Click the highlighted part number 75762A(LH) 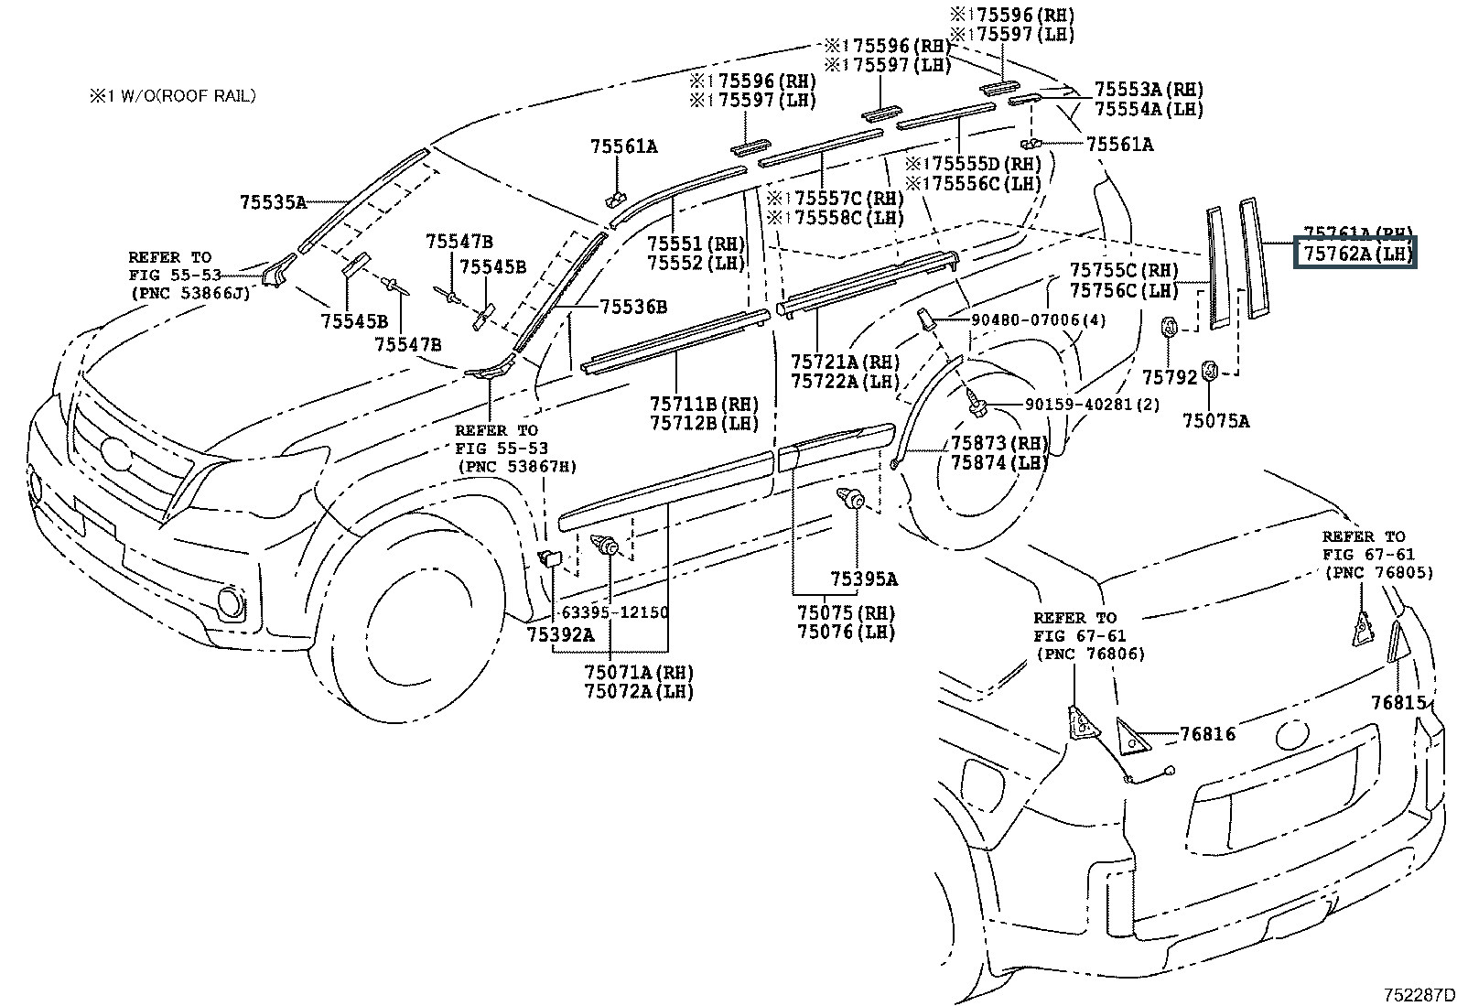1354,254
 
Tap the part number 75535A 273,202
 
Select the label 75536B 633,307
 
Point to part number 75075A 1214,420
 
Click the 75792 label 1170,377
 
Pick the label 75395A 863,579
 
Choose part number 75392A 560,633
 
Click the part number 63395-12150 614,611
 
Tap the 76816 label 1207,734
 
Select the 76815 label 1398,702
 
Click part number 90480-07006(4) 1026,319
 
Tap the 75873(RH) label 998,443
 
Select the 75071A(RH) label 639,672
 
